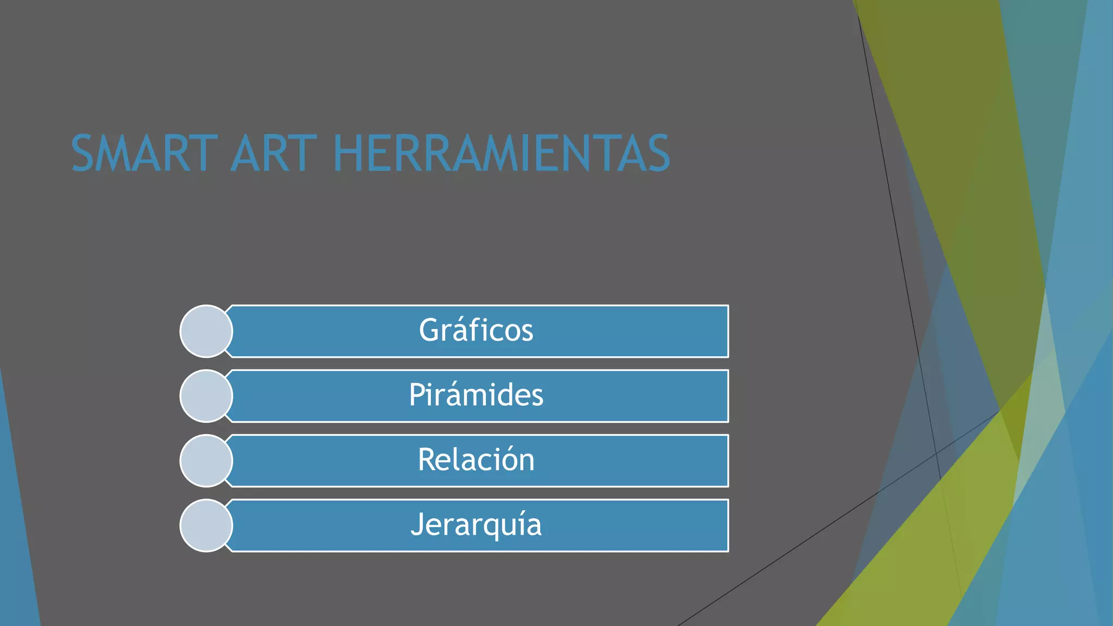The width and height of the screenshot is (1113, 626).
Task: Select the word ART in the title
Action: (273, 154)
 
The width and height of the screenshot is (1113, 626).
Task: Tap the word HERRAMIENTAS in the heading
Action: (501, 154)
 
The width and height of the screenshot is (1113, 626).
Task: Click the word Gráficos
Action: (476, 330)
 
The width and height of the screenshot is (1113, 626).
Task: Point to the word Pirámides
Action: (476, 395)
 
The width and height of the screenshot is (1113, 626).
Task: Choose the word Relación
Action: (476, 460)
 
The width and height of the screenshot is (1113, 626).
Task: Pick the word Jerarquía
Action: (476, 525)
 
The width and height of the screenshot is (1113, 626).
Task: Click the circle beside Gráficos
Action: (206, 331)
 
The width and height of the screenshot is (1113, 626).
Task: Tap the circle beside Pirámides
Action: (206, 396)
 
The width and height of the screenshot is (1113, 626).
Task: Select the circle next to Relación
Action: (206, 461)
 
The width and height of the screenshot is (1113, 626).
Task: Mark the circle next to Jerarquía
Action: (206, 525)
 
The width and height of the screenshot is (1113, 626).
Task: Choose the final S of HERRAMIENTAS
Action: (658, 154)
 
